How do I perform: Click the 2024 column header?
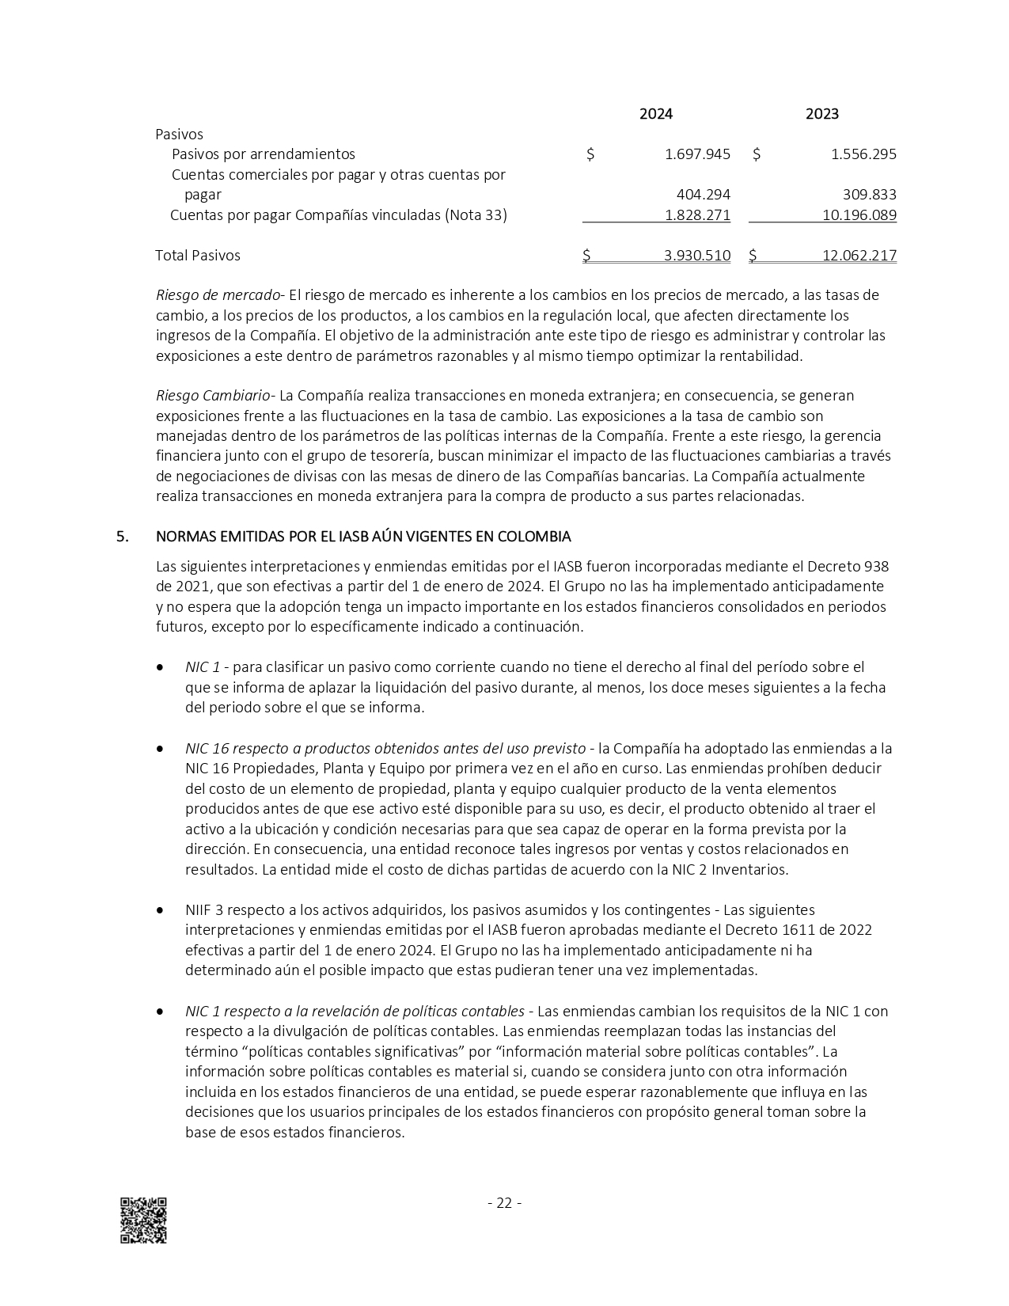pyautogui.click(x=655, y=114)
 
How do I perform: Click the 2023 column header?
pyautogui.click(x=821, y=114)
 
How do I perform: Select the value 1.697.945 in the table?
pyautogui.click(x=697, y=154)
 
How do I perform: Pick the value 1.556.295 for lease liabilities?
pyautogui.click(x=863, y=154)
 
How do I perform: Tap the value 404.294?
pyautogui.click(x=704, y=195)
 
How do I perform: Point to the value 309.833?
pyautogui.click(x=870, y=195)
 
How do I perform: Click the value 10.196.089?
pyautogui.click(x=859, y=215)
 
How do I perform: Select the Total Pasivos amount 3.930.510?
pyautogui.click(x=697, y=256)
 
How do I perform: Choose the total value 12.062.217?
pyautogui.click(x=859, y=256)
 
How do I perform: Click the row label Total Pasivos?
pyautogui.click(x=198, y=256)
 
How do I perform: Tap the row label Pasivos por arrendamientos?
pyautogui.click(x=264, y=154)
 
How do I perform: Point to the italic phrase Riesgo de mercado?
pyautogui.click(x=218, y=295)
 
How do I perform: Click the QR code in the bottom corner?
pyautogui.click(x=143, y=1220)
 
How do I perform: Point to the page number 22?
pyautogui.click(x=504, y=1203)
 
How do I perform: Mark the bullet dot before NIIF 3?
pyautogui.click(x=161, y=910)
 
